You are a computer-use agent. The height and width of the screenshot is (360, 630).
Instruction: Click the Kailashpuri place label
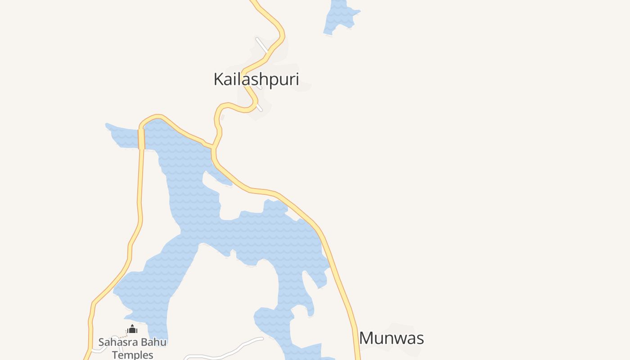256,79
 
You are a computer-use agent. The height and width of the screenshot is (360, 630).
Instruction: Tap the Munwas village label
391,338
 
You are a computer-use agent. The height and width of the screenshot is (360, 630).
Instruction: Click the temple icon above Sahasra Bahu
132,329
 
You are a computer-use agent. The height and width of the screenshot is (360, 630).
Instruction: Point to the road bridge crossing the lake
141,139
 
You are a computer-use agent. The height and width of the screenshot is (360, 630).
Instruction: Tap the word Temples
133,355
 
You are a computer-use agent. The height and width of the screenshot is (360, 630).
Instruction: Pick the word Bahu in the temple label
154,342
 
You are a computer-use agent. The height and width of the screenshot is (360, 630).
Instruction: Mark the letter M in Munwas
367,338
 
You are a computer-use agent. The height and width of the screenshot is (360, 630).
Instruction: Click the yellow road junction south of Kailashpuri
212,147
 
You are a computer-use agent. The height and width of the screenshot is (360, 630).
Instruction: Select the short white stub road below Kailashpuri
259,108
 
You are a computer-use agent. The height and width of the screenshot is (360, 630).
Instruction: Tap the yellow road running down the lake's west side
140,202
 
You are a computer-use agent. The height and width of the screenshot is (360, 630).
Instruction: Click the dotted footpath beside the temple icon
122,335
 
